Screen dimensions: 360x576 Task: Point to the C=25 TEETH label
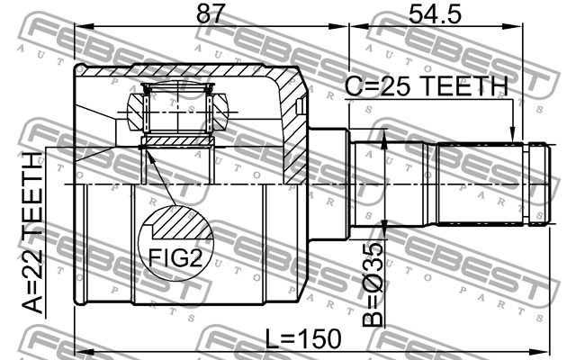click(x=426, y=86)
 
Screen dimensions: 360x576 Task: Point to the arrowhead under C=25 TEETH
click(x=512, y=134)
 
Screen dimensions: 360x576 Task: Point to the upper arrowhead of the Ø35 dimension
click(x=384, y=135)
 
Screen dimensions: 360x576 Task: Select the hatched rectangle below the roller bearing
click(x=176, y=141)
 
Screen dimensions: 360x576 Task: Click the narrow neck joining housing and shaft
click(x=328, y=184)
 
